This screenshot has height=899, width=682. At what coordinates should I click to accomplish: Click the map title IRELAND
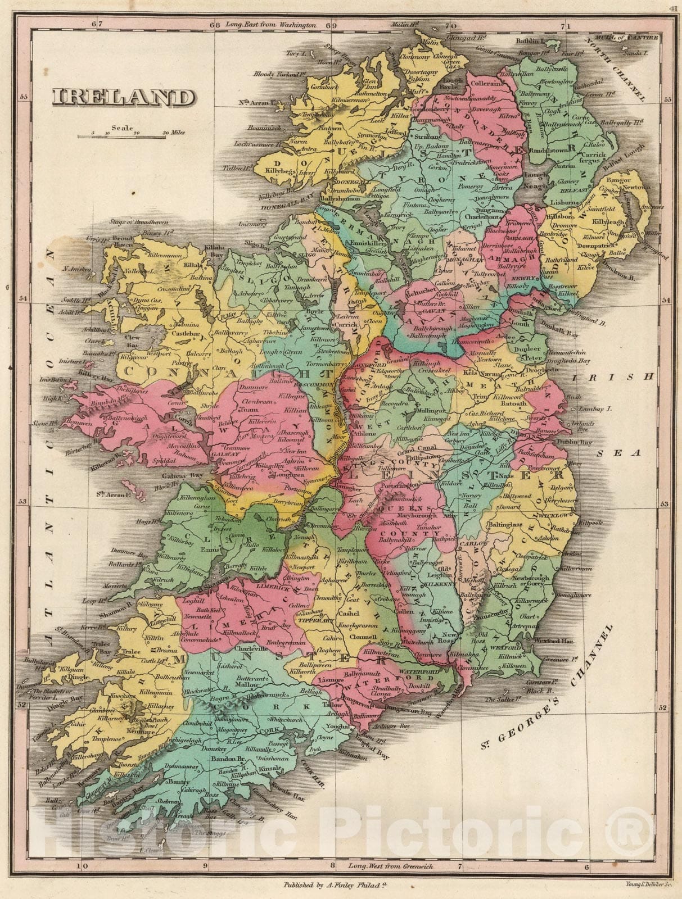[121, 98]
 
